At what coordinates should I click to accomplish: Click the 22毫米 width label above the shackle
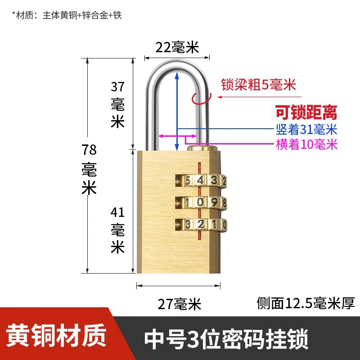pos(177,47)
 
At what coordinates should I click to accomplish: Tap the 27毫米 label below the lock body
pos(179,305)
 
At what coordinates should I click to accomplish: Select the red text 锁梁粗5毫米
pos(258,85)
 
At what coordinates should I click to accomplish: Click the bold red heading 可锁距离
pos(306,112)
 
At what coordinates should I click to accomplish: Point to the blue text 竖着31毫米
pos(306,130)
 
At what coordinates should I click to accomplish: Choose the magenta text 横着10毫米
pos(306,144)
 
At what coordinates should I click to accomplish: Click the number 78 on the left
pos(89,149)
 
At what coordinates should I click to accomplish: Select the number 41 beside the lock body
pos(117,211)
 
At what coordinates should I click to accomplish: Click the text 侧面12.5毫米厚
pos(306,303)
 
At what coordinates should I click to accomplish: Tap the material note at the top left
pos(67,15)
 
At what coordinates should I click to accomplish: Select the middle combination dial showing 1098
pos(200,202)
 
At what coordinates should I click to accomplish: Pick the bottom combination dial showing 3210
pos(200,224)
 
